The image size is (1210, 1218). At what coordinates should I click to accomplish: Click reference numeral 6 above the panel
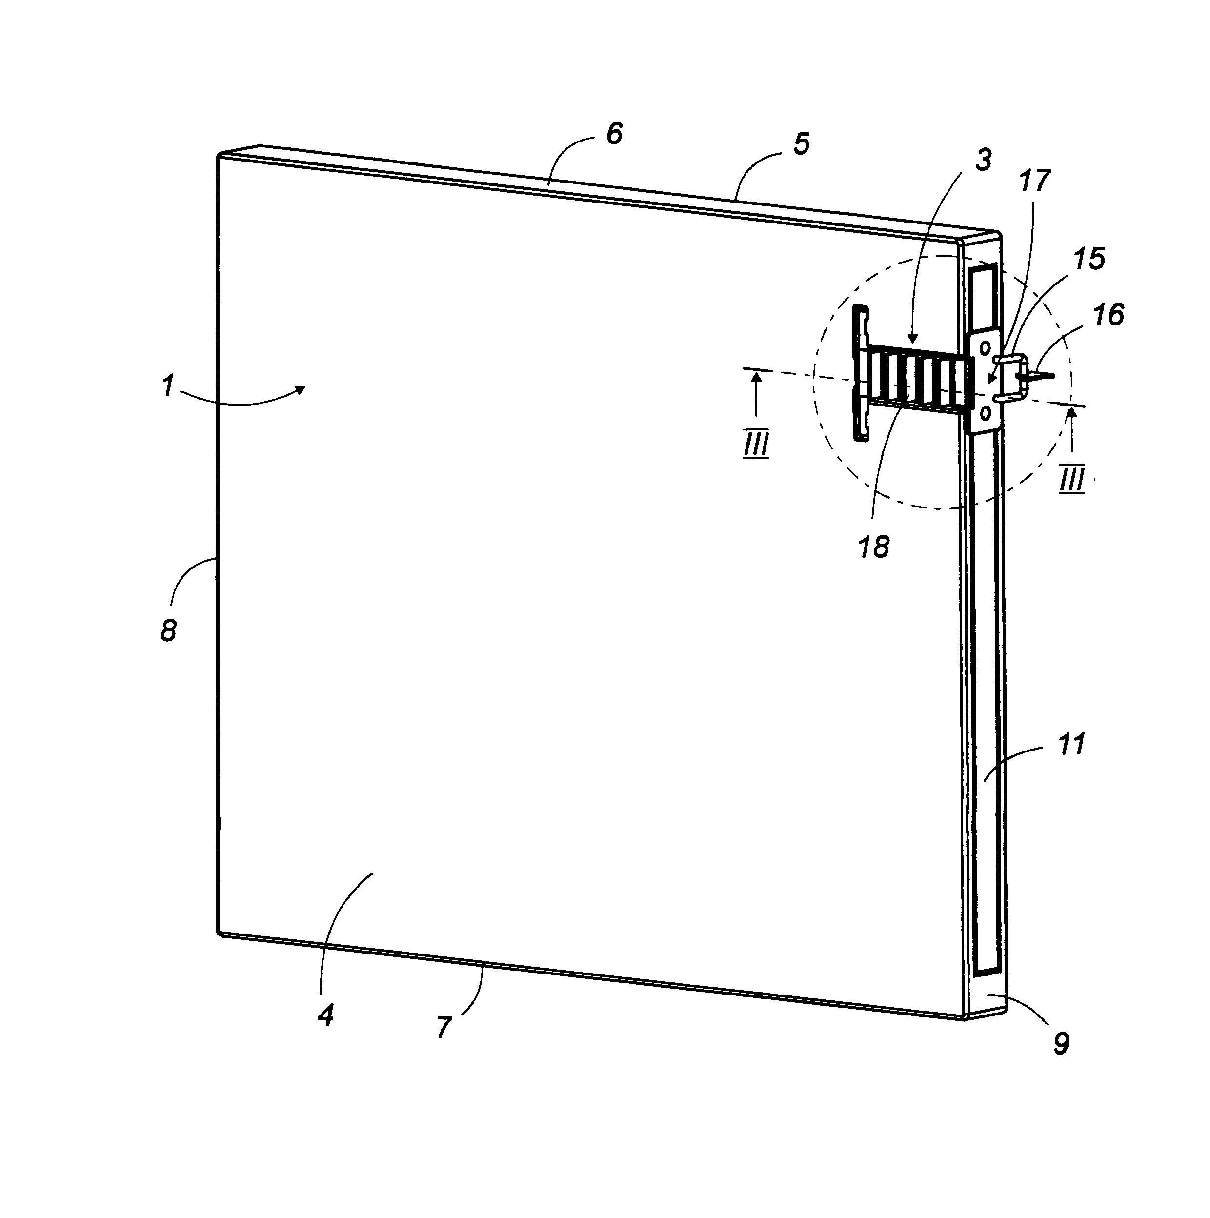click(x=614, y=134)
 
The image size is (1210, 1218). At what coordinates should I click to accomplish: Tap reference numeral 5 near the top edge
click(x=801, y=144)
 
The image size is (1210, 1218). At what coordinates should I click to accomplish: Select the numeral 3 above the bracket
click(x=983, y=160)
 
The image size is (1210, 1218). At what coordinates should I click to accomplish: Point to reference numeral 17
click(x=1034, y=182)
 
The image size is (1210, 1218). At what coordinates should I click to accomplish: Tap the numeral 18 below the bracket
click(x=873, y=547)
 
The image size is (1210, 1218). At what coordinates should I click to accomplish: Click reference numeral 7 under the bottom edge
click(x=444, y=1028)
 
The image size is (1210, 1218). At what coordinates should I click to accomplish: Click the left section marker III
click(x=756, y=446)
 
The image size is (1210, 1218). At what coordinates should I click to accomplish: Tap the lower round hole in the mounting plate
click(x=985, y=412)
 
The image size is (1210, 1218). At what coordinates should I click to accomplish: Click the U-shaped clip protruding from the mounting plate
click(x=1011, y=378)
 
